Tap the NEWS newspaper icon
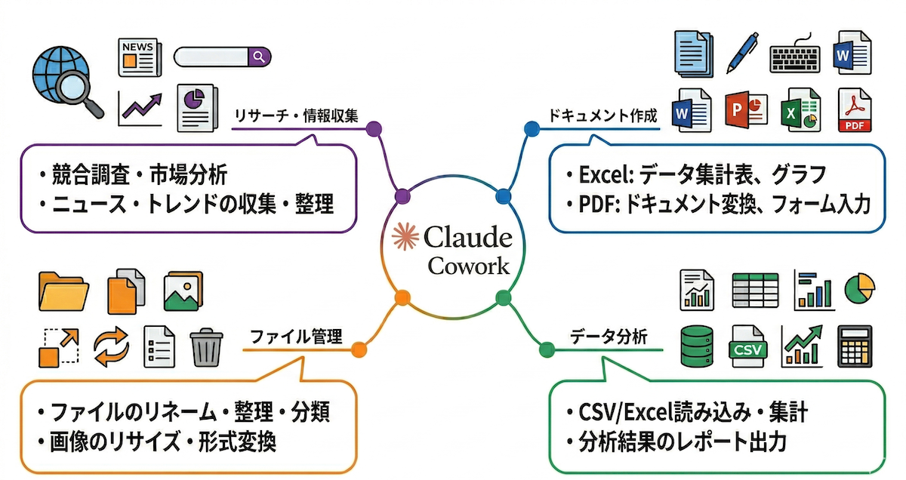140,57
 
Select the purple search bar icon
222,57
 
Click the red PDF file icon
854,111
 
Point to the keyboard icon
794,56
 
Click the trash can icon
205,346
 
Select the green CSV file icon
747,346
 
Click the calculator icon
855,346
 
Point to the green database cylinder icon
695,346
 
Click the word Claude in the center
468,238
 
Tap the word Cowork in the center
468,266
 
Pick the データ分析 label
609,337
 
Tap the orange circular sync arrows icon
112,346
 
